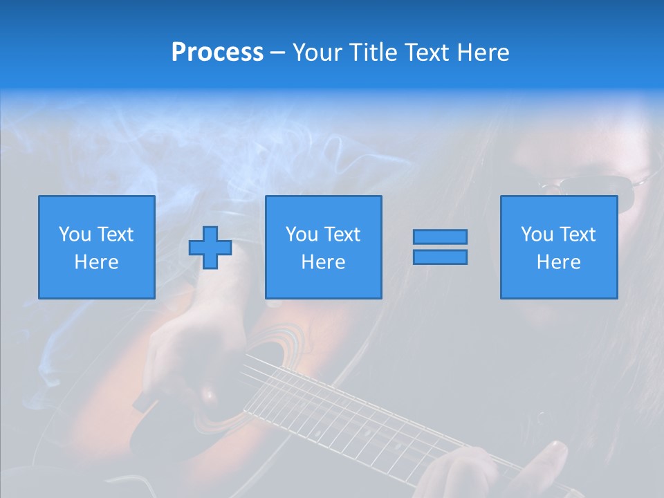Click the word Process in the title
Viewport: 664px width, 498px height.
(217, 53)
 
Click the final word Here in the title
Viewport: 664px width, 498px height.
(482, 53)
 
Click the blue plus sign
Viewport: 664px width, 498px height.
(210, 247)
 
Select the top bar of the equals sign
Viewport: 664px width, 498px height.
(440, 237)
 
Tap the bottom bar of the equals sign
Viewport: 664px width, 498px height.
(440, 257)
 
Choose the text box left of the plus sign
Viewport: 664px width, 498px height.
(96, 247)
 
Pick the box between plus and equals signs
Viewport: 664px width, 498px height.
(323, 247)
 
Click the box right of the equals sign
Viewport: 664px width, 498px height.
(558, 247)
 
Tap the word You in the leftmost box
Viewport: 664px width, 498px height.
(75, 234)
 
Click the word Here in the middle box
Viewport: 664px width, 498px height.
(323, 262)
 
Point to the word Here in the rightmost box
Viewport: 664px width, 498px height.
(558, 262)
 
